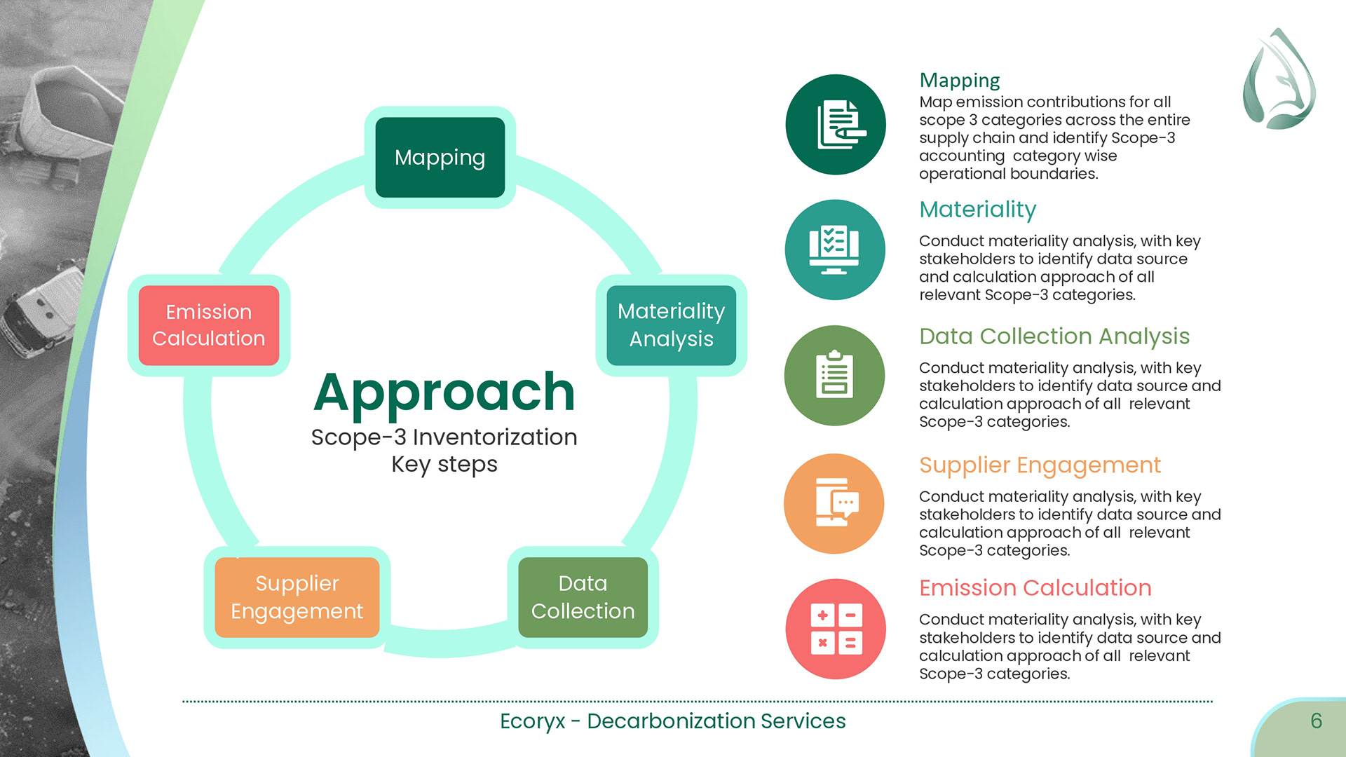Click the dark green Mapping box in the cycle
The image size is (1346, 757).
click(440, 158)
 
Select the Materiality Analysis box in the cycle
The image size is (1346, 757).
click(671, 325)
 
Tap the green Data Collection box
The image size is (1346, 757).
click(583, 597)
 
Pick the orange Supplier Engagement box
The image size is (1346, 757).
click(297, 597)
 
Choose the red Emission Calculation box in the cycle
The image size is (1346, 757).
click(208, 325)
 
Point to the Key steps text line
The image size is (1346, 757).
click(444, 464)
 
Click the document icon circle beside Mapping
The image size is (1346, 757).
click(835, 125)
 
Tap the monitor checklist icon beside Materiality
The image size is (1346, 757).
click(834, 250)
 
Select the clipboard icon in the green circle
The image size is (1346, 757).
click(834, 376)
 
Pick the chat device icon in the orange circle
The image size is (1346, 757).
click(834, 503)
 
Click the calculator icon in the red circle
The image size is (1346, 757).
click(835, 629)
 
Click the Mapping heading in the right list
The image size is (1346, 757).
click(959, 81)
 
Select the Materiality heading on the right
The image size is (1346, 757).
click(977, 210)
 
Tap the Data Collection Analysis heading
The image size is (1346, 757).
click(1054, 336)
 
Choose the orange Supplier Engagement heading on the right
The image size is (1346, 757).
click(1040, 465)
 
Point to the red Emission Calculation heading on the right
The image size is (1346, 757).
click(1035, 588)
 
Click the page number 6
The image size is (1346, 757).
click(1316, 721)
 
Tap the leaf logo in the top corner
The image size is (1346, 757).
click(1279, 79)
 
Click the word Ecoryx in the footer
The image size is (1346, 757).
click(532, 721)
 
